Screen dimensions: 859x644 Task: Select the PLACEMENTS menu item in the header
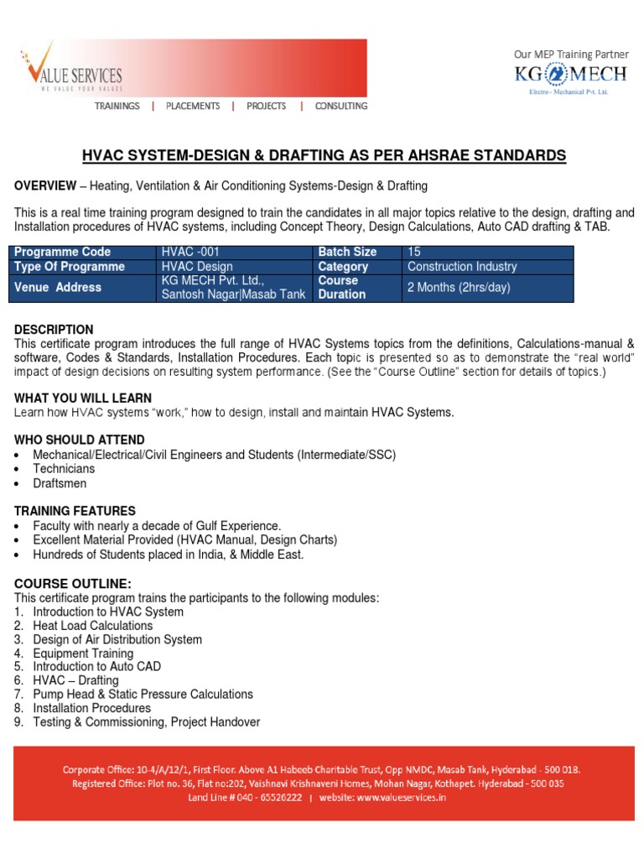193,107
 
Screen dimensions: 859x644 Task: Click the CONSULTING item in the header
340,107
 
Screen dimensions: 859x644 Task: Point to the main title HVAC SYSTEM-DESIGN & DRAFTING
324,156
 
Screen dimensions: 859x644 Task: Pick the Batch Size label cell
347,252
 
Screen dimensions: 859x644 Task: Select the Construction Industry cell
461,267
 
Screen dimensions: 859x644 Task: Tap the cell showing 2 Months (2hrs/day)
458,288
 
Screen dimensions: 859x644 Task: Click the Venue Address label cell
57,288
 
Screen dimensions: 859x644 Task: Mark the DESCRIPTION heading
54,330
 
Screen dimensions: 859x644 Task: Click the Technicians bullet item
64,469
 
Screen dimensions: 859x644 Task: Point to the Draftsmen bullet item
60,483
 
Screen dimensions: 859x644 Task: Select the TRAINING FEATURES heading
75,511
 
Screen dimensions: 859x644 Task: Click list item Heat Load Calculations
92,626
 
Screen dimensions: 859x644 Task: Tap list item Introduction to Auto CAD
96,667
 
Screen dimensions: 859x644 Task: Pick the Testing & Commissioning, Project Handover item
146,722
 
